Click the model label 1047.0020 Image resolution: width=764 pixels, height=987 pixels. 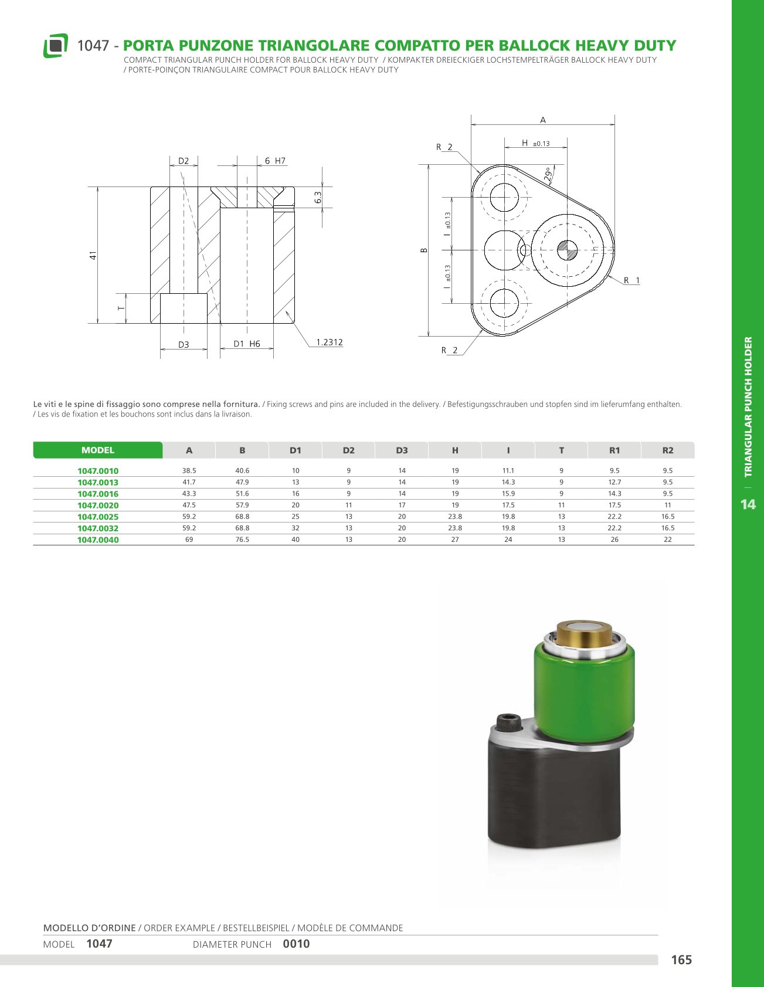click(x=98, y=506)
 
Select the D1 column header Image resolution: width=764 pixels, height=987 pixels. click(x=296, y=450)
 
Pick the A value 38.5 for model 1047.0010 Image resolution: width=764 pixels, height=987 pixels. click(x=189, y=470)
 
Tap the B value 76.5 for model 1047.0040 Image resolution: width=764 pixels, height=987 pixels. click(x=242, y=540)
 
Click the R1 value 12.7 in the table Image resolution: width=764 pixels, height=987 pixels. click(x=614, y=482)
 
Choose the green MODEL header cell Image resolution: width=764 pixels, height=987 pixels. click(x=98, y=450)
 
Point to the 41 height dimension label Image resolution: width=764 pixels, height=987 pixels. click(x=93, y=256)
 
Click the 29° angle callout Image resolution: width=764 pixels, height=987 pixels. click(x=548, y=174)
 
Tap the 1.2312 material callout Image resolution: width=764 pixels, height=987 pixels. click(x=330, y=342)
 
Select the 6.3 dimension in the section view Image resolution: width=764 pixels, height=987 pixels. click(x=318, y=198)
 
